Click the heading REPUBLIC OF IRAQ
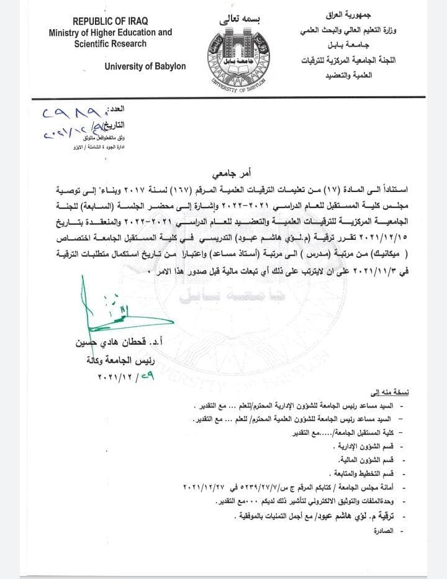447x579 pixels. tap(111, 21)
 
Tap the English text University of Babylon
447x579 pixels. tap(145, 66)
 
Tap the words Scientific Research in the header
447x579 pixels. tap(111, 44)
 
